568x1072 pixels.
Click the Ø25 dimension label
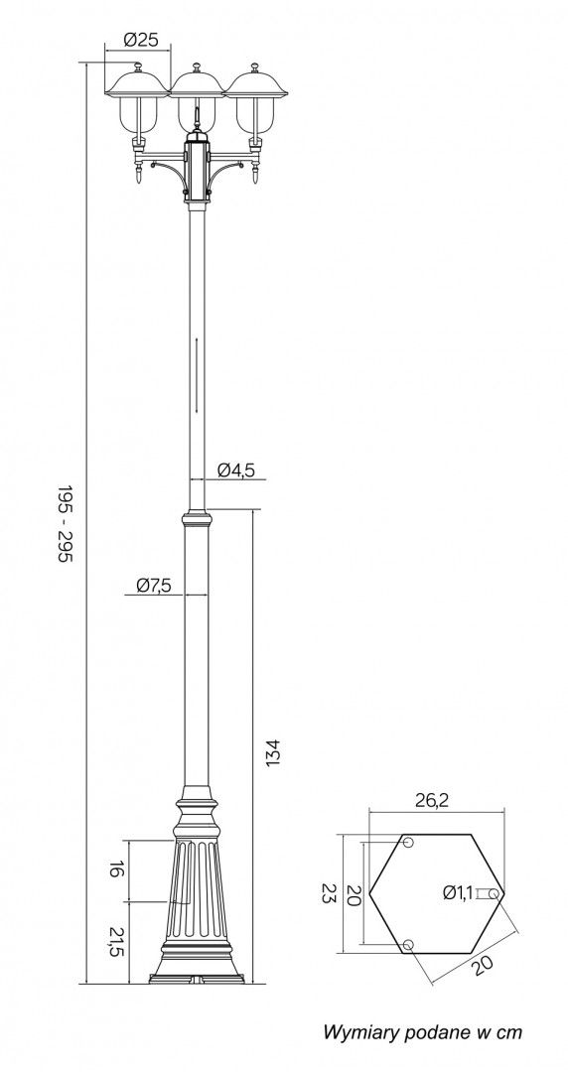141,41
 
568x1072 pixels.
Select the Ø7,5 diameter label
153,585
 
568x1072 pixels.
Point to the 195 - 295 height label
65,524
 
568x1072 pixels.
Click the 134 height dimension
273,752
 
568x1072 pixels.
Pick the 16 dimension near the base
116,870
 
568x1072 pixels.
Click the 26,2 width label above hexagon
434,801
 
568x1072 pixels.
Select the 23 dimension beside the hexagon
330,893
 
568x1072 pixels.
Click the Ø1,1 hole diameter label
458,892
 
